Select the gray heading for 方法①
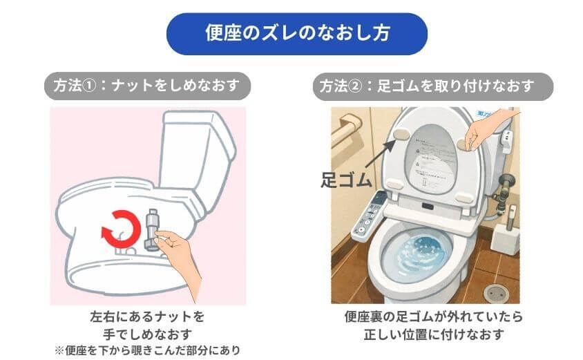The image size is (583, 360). coord(147,87)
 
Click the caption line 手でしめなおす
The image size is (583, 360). coord(147,334)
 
